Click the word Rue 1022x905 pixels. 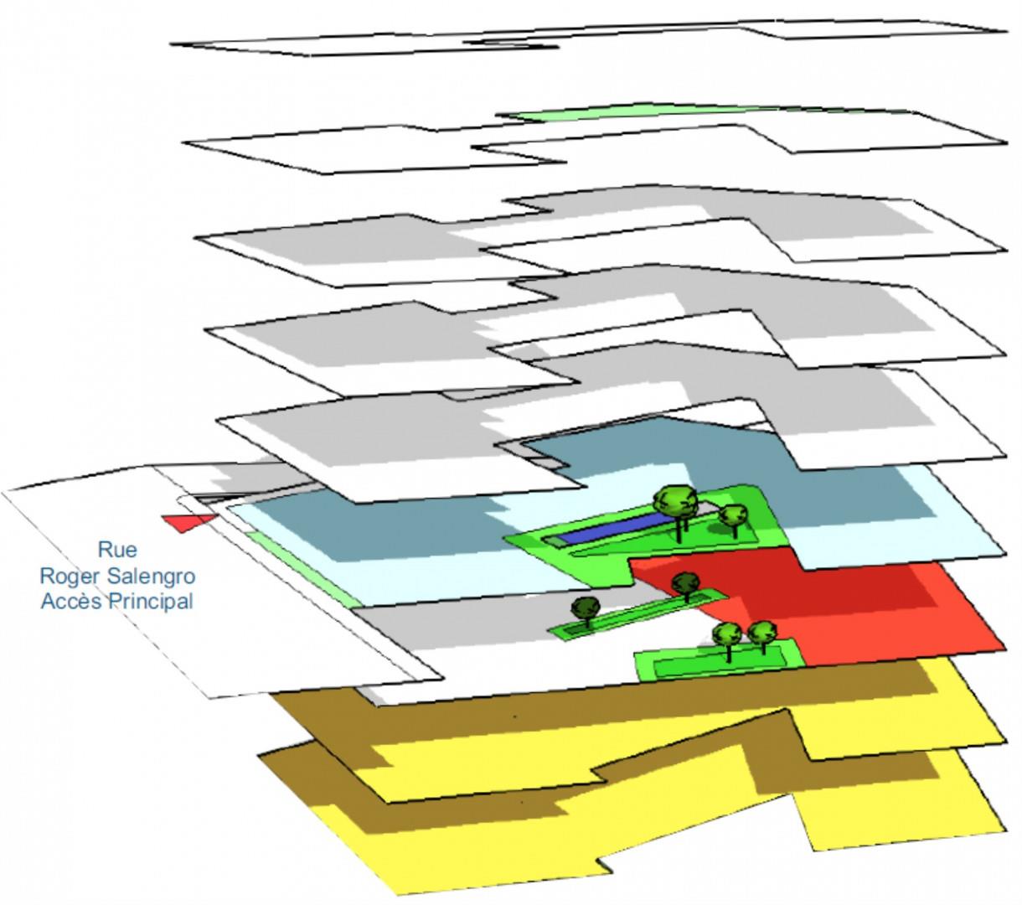pos(117,550)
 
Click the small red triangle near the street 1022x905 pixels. pos(188,522)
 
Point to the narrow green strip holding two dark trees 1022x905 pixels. pos(638,613)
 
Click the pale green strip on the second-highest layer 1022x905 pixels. pos(706,112)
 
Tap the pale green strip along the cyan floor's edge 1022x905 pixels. pos(302,569)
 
